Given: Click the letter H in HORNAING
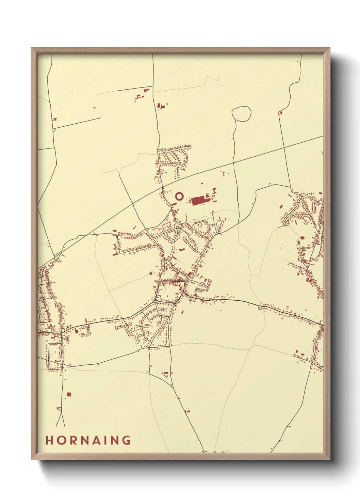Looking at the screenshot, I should [x=50, y=440].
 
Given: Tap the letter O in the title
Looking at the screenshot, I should [x=62, y=440].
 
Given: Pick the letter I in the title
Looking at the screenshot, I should [x=110, y=440].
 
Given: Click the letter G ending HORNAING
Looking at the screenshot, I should [x=127, y=440].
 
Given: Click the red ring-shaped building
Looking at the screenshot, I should [x=179, y=196].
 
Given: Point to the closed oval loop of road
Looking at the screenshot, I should [x=242, y=114].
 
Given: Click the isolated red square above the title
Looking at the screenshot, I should [x=69, y=394].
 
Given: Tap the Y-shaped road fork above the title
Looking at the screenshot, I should [x=61, y=414].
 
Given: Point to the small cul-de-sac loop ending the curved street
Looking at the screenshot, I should [x=190, y=147].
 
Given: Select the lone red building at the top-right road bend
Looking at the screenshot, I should [x=281, y=112].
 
